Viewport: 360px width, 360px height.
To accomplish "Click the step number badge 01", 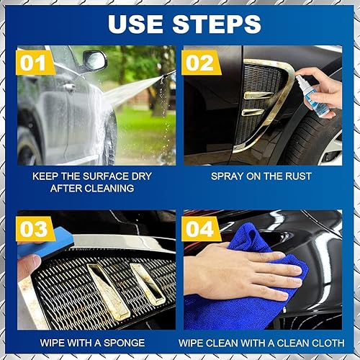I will click(x=37, y=63).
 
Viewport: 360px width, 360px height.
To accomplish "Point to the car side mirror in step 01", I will click(x=94, y=61).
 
